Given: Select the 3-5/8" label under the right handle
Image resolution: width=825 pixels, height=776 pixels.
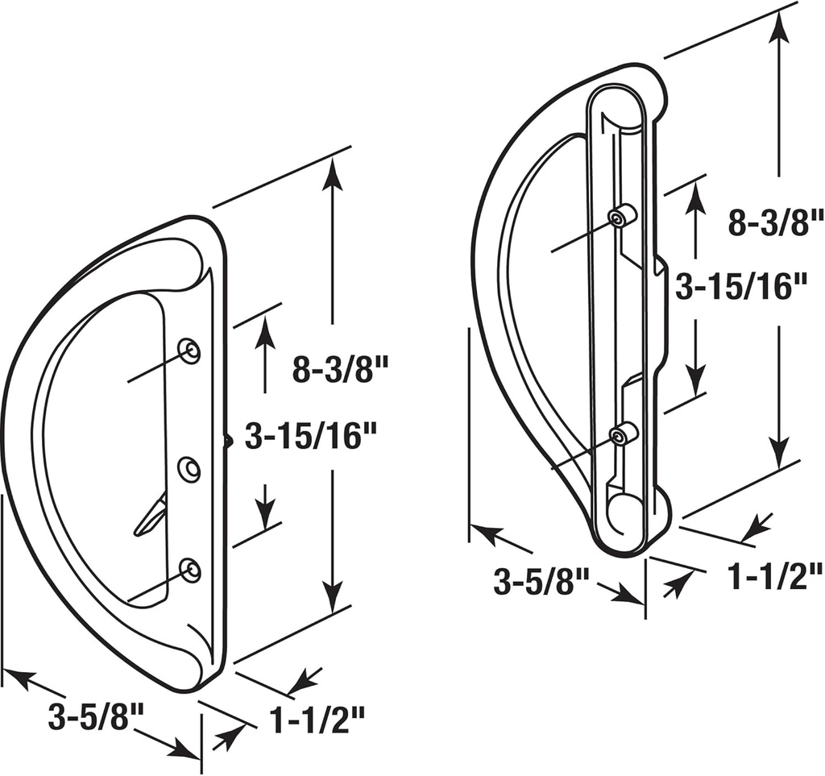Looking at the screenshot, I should pyautogui.click(x=541, y=581).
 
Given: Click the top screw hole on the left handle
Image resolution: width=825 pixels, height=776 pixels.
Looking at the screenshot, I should pyautogui.click(x=189, y=351).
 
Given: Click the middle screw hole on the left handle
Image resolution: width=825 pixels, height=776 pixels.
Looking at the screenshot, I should pyautogui.click(x=189, y=470).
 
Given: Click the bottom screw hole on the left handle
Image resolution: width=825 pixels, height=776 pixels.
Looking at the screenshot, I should pyautogui.click(x=189, y=570).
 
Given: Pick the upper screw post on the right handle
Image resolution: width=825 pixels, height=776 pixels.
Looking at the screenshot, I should pyautogui.click(x=621, y=218).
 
